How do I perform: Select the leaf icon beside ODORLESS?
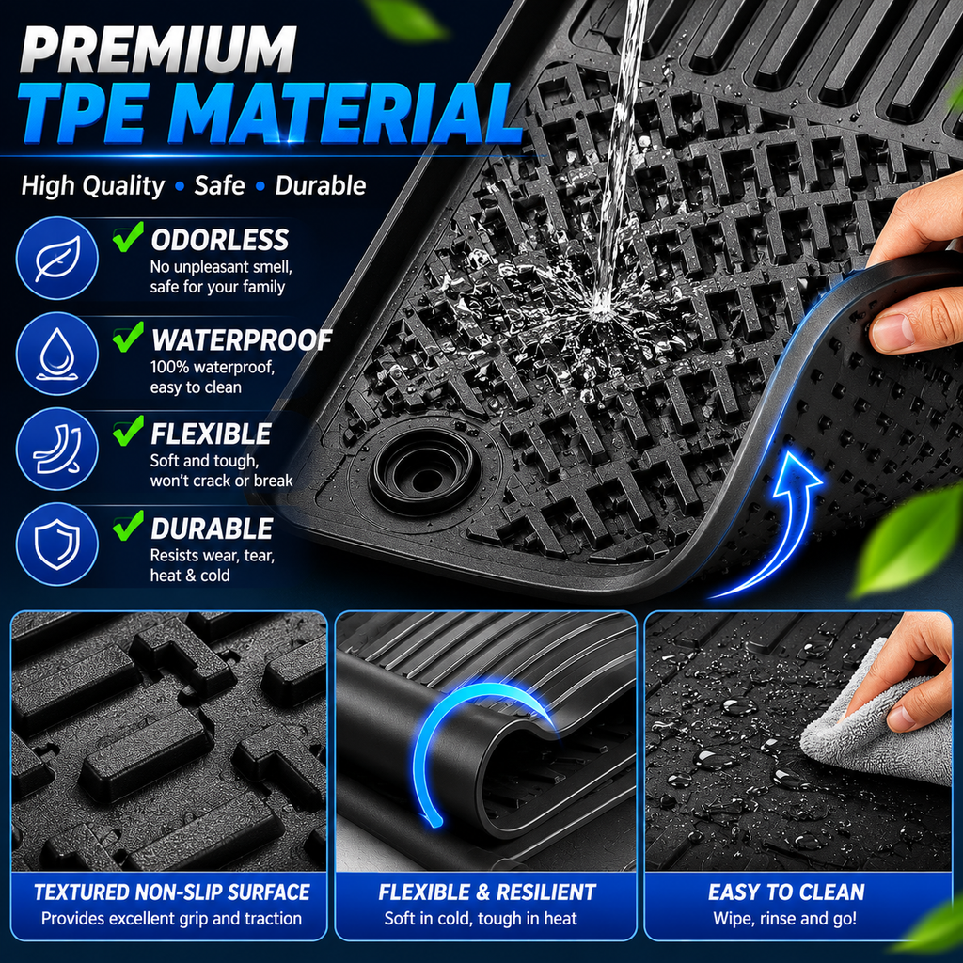tap(56, 258)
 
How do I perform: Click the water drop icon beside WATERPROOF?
tap(56, 354)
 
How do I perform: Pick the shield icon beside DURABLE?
tap(56, 545)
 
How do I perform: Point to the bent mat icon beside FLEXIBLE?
tap(56, 450)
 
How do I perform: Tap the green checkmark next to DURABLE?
tap(128, 526)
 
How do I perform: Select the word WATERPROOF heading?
tap(242, 340)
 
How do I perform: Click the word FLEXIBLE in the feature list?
tap(211, 434)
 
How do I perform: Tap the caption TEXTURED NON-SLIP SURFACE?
tap(172, 892)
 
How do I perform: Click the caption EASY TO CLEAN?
tap(786, 892)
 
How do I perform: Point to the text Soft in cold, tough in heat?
tap(481, 919)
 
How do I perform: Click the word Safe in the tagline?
tap(219, 185)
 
